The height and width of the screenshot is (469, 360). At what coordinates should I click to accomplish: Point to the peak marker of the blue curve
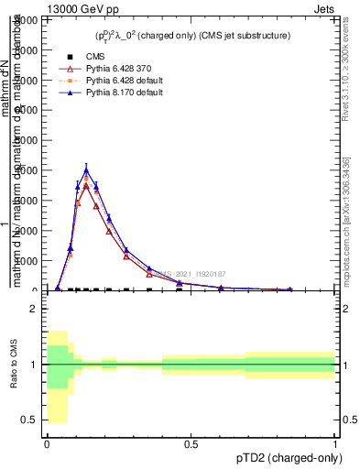86,170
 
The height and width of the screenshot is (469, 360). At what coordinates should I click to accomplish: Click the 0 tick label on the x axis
47,444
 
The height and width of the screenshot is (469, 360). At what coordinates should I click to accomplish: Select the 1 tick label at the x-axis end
334,444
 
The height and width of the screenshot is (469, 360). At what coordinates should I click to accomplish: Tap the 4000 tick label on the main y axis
28,170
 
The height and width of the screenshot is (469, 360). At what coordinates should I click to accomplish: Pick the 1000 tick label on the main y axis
28,261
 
